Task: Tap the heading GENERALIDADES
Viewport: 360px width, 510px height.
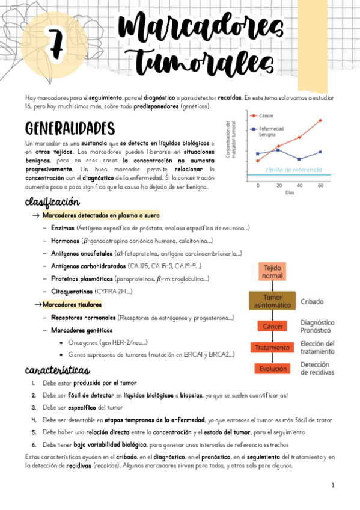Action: (70, 128)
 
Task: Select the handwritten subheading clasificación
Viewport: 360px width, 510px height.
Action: (52, 201)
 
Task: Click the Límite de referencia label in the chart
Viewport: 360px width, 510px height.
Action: (293, 170)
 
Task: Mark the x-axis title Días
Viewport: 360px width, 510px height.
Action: (290, 192)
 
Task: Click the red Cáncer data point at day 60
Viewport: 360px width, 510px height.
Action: (320, 120)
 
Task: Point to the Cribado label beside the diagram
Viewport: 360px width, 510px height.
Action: (313, 301)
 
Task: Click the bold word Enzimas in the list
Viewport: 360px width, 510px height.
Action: (63, 228)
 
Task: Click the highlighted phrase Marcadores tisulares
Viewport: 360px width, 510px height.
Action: (72, 304)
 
